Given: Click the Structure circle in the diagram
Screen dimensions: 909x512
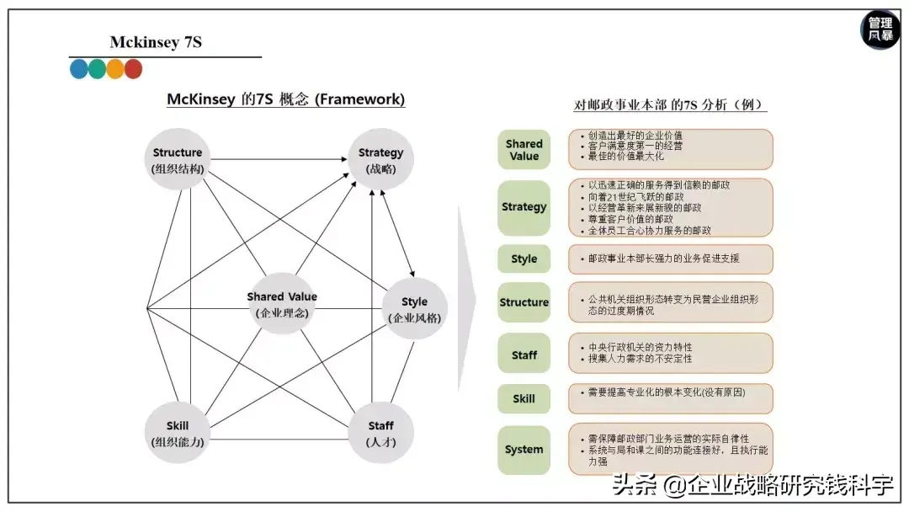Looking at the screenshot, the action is pos(178,159).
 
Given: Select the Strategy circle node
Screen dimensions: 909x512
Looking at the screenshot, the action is pos(380,159).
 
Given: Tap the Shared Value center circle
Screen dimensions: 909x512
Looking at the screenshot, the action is pos(282,303).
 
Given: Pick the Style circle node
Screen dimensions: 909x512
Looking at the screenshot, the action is pos(414,308).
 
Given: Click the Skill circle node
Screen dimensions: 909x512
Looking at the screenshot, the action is pos(178,433).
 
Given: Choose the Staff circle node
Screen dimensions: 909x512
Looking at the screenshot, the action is pos(380,433).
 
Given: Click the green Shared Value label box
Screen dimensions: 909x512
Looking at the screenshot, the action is pos(524,150).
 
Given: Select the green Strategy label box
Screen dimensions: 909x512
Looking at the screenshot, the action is pos(524,207).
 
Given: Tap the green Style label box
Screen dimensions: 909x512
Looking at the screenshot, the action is pos(524,259).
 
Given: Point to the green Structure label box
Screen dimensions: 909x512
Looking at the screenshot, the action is pos(524,302).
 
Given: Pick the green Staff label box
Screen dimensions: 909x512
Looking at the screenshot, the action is pos(524,355).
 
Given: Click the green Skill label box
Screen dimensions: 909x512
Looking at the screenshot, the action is pos(524,398).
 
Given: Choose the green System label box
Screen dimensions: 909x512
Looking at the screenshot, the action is pos(524,450).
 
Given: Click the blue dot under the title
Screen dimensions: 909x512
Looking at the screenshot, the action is pos(79,69).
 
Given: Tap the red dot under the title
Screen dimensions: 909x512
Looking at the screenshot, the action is pos(133,69).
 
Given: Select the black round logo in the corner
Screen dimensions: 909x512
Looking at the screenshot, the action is pos(880,30).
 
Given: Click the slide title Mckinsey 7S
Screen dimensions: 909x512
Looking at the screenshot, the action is pos(156,42).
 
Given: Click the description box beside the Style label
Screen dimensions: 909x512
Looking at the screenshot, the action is pos(670,259).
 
